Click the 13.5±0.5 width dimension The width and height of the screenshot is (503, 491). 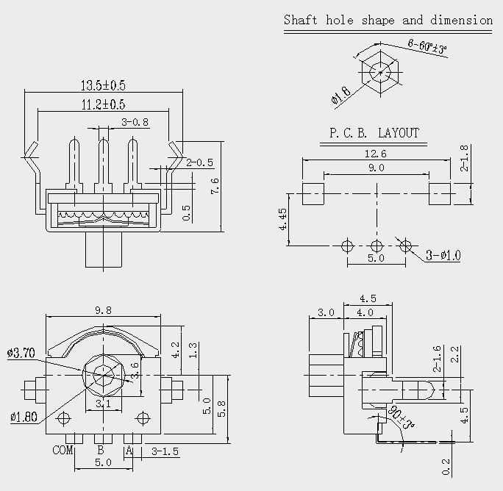click(103, 85)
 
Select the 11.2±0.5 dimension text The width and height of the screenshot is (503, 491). click(103, 104)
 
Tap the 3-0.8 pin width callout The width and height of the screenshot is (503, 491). click(135, 122)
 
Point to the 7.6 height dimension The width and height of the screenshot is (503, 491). click(215, 186)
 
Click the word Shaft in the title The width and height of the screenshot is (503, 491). click(301, 20)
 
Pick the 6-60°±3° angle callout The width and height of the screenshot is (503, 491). click(427, 46)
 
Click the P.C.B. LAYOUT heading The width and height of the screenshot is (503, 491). click(374, 133)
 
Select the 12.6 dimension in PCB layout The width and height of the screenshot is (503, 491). click(376, 154)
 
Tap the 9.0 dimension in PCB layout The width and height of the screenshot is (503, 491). click(376, 168)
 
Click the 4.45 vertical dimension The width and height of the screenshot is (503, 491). click(283, 219)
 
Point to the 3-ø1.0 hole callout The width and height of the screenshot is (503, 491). click(443, 255)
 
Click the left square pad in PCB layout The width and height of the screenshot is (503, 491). click(313, 194)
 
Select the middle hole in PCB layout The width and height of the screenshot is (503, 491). click(377, 246)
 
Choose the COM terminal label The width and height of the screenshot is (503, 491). click(63, 450)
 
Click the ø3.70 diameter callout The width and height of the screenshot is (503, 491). click(21, 353)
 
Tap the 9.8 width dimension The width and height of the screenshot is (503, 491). click(103, 310)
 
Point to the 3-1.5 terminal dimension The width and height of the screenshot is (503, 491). click(165, 451)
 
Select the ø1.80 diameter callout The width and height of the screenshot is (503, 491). click(24, 417)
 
